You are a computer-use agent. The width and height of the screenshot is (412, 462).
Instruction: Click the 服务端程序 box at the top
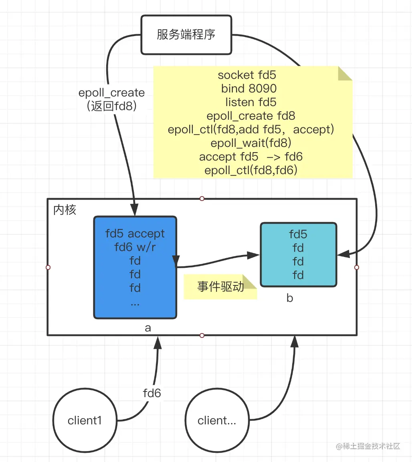[186, 35]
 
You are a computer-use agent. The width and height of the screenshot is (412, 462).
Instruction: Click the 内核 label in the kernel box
[65, 210]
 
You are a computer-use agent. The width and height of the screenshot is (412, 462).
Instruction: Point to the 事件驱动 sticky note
[220, 287]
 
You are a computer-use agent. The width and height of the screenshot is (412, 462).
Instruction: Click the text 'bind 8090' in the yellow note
[249, 88]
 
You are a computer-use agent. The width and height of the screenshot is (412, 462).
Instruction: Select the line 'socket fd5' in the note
[247, 75]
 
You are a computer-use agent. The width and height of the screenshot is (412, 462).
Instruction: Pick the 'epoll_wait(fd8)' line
[250, 143]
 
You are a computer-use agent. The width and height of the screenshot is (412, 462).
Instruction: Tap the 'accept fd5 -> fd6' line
[250, 157]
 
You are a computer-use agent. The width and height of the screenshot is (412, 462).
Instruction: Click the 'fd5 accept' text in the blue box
[135, 233]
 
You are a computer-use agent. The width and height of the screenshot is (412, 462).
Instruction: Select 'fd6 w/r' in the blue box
[135, 247]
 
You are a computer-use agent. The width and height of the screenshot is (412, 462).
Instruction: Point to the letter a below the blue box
[148, 327]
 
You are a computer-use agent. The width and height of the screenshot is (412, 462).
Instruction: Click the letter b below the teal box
[290, 298]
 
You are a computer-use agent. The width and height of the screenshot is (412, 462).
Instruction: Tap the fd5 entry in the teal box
[298, 234]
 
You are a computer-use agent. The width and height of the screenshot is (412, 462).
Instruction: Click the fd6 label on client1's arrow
[152, 393]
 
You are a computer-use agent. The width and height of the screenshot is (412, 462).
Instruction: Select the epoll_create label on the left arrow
[111, 93]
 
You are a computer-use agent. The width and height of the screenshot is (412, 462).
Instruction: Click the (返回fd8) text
[111, 106]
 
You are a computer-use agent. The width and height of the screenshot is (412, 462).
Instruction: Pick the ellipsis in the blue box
[135, 304]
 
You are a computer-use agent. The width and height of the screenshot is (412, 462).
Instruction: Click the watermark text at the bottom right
[368, 446]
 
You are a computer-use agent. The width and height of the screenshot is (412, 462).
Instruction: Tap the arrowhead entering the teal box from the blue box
[253, 255]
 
